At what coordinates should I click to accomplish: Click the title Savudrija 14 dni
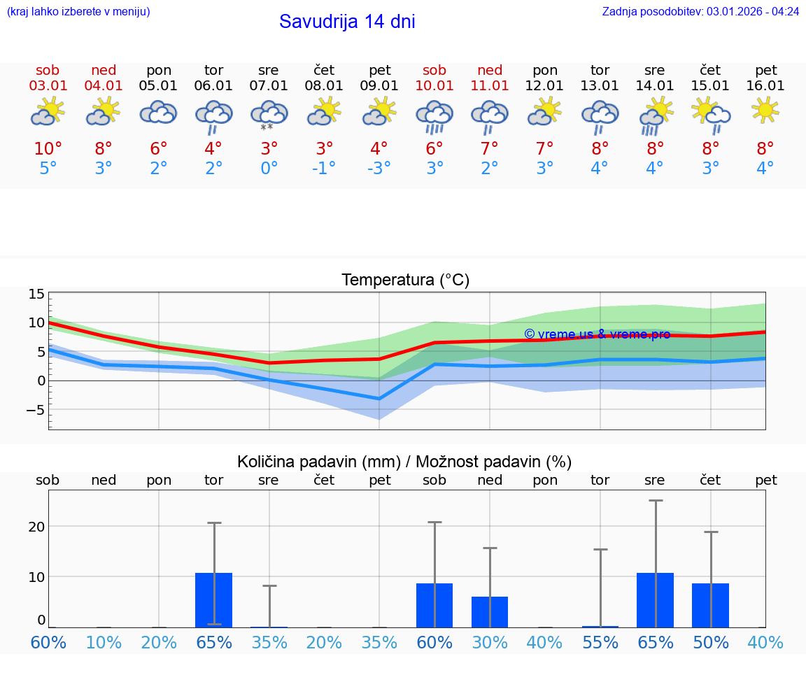click(347, 22)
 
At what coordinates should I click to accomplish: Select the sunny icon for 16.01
click(765, 110)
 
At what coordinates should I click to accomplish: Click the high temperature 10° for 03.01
click(48, 149)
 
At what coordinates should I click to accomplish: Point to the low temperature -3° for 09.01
click(379, 169)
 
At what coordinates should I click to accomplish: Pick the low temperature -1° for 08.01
click(324, 169)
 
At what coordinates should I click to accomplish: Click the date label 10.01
click(434, 86)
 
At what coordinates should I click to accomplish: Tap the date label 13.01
click(600, 86)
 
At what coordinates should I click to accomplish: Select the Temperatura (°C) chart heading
click(405, 280)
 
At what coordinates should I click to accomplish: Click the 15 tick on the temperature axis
click(36, 294)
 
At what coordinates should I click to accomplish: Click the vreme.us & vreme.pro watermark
click(597, 334)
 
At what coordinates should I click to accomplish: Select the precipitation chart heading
click(404, 462)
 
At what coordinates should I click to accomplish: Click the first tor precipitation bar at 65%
click(214, 599)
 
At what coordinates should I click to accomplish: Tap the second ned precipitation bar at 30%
click(490, 611)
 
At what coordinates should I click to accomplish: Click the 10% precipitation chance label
click(104, 643)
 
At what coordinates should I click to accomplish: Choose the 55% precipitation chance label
click(600, 643)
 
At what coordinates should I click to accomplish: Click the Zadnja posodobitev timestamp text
click(700, 11)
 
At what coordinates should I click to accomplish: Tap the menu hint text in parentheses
click(78, 11)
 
